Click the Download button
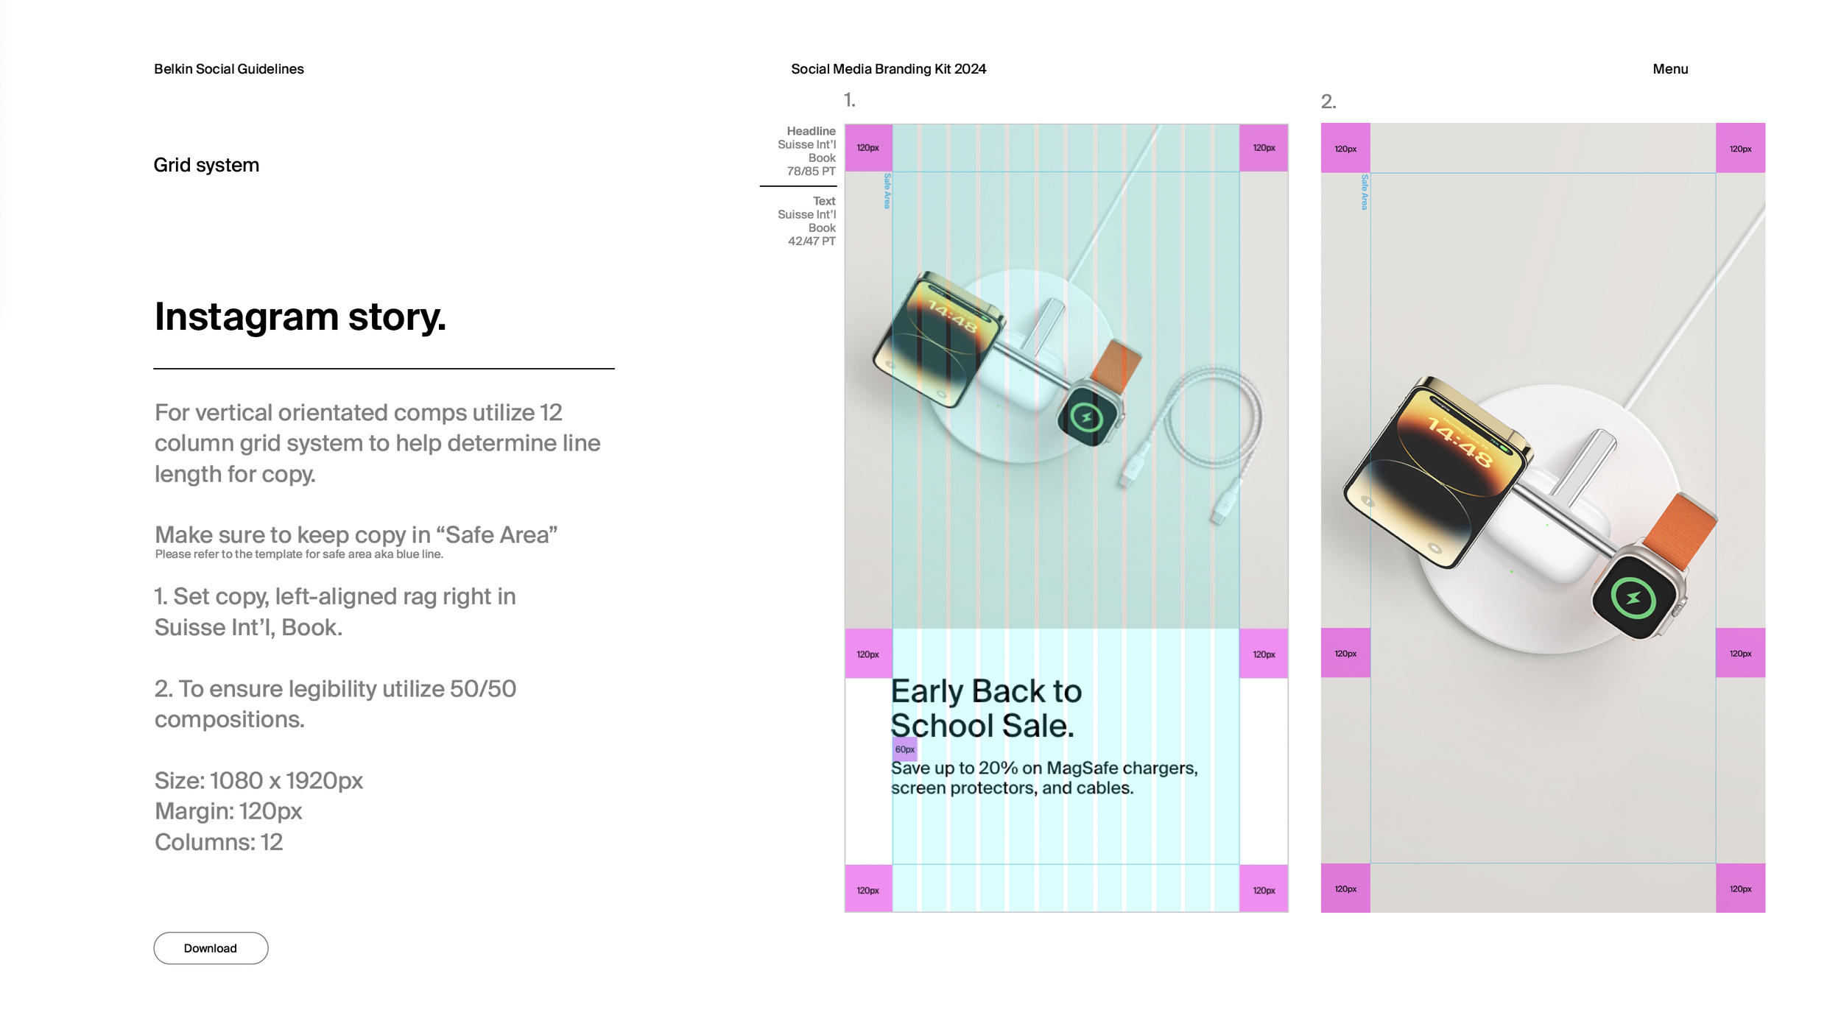pos(211,948)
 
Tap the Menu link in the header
pos(1670,69)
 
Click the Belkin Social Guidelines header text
pos(229,69)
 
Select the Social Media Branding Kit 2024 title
pos(888,69)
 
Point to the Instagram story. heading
pos(300,317)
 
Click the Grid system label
pos(206,165)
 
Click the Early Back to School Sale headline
pos(986,708)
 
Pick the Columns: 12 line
pos(219,842)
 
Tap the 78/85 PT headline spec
pos(811,172)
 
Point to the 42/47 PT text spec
pos(812,241)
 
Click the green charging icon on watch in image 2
pos(1633,598)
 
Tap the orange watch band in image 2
pos(1681,530)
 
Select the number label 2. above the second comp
pos(1328,102)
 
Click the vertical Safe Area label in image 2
pos(1365,192)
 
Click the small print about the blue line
pos(299,554)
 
